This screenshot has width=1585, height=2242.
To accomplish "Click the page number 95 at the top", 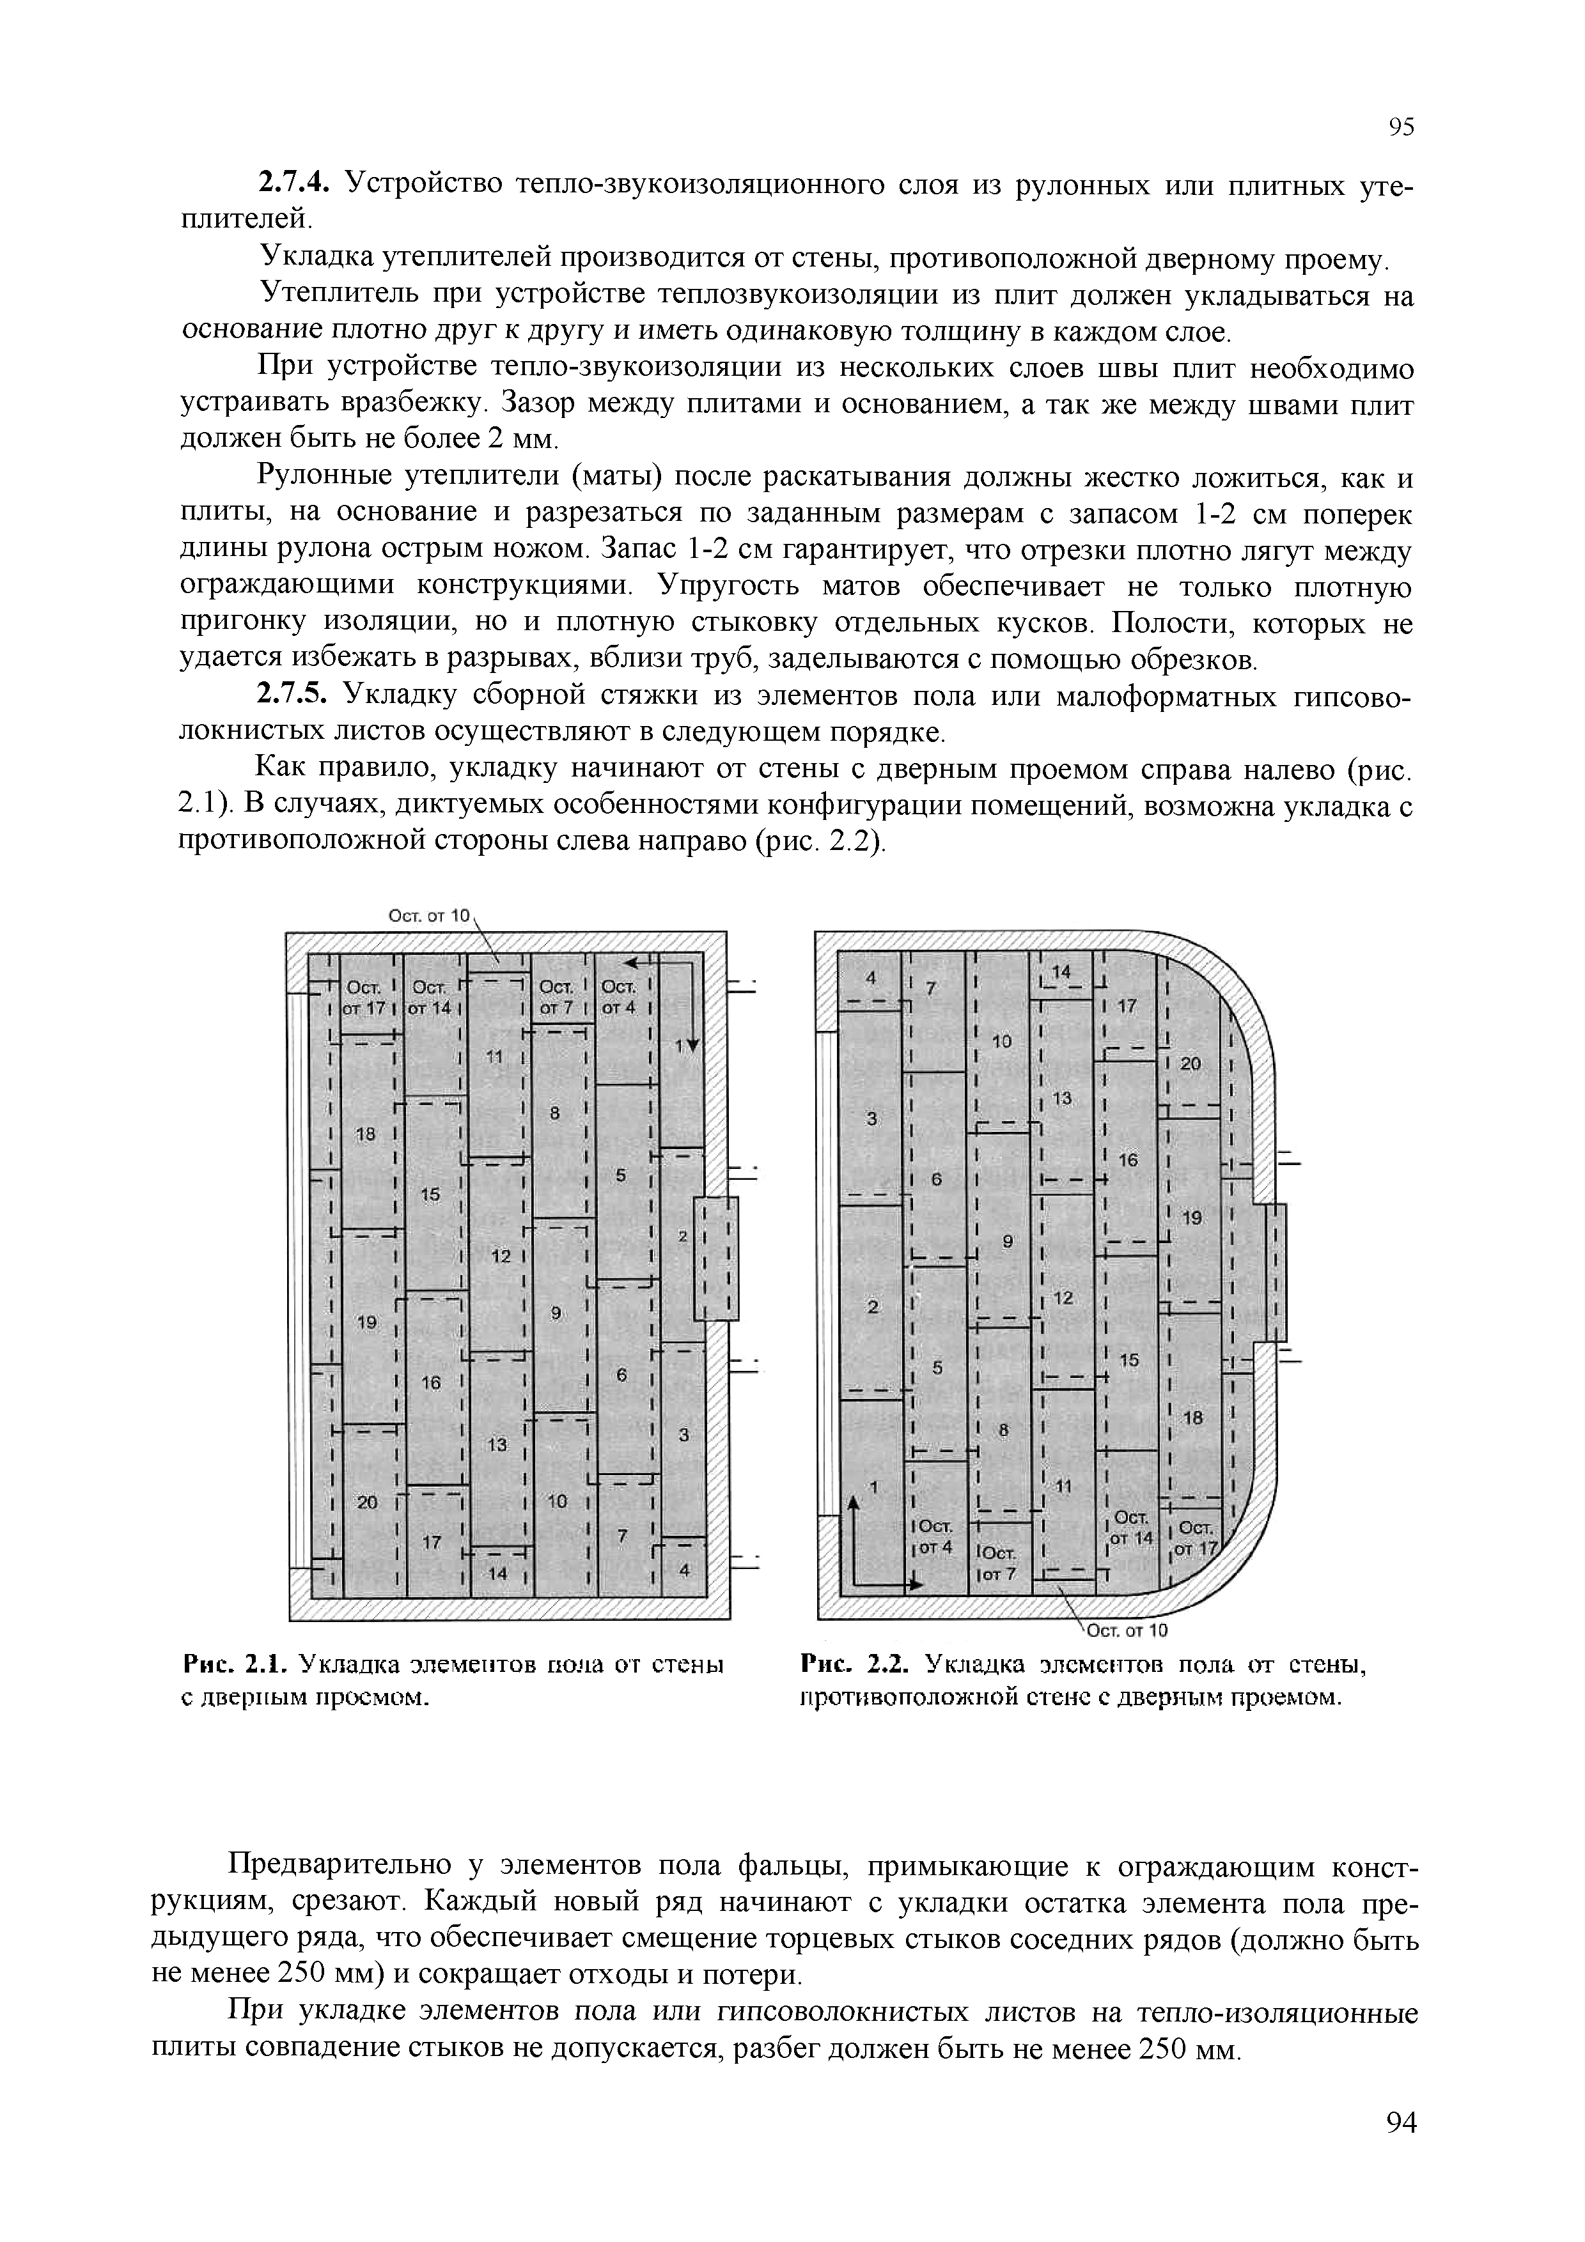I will (x=1400, y=128).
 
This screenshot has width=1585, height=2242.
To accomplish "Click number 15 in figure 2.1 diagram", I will (x=431, y=1194).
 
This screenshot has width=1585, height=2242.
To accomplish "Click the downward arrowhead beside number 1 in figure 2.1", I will (x=693, y=1046).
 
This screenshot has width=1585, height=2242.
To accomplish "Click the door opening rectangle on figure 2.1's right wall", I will (x=717, y=1258).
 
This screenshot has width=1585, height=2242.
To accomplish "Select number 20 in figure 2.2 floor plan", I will (x=1189, y=1064).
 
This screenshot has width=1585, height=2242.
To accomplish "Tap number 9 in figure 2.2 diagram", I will (x=1008, y=1241).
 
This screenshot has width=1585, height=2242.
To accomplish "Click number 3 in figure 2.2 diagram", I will (x=872, y=1118).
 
